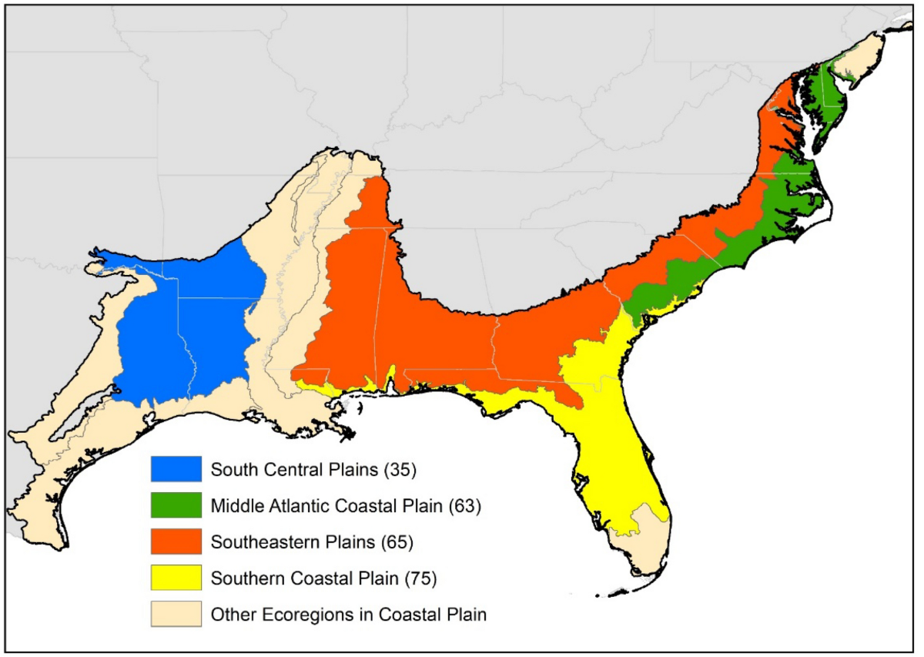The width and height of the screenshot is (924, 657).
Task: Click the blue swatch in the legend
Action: (x=176, y=469)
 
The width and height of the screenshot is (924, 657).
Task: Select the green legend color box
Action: (x=176, y=505)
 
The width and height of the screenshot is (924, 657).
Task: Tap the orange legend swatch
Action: (x=176, y=541)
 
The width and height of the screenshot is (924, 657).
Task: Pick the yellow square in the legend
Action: (x=176, y=578)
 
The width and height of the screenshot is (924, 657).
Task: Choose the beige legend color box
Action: (x=176, y=614)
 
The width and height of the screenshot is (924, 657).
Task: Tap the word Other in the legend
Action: (x=229, y=615)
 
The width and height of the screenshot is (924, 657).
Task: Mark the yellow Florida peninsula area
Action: (x=608, y=447)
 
